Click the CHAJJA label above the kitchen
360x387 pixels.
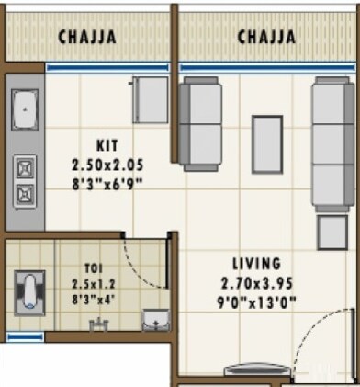pos(87,38)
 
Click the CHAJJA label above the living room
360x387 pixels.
pos(266,38)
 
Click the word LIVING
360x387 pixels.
pos(257,264)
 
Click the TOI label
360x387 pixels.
pos(95,267)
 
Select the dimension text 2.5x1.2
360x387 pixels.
pos(95,283)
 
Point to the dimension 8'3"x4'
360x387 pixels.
pos(95,299)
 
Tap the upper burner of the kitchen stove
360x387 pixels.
pos(25,168)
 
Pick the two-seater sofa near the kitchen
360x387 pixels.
pos(199,124)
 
